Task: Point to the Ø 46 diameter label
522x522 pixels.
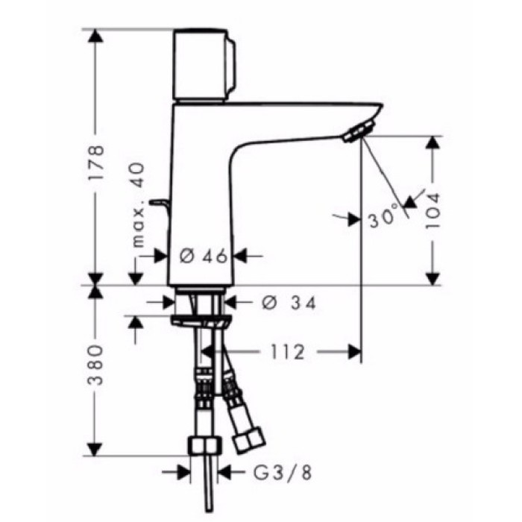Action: click(204, 257)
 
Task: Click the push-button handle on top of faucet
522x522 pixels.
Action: click(204, 66)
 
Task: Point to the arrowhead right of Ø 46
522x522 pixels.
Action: click(244, 257)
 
